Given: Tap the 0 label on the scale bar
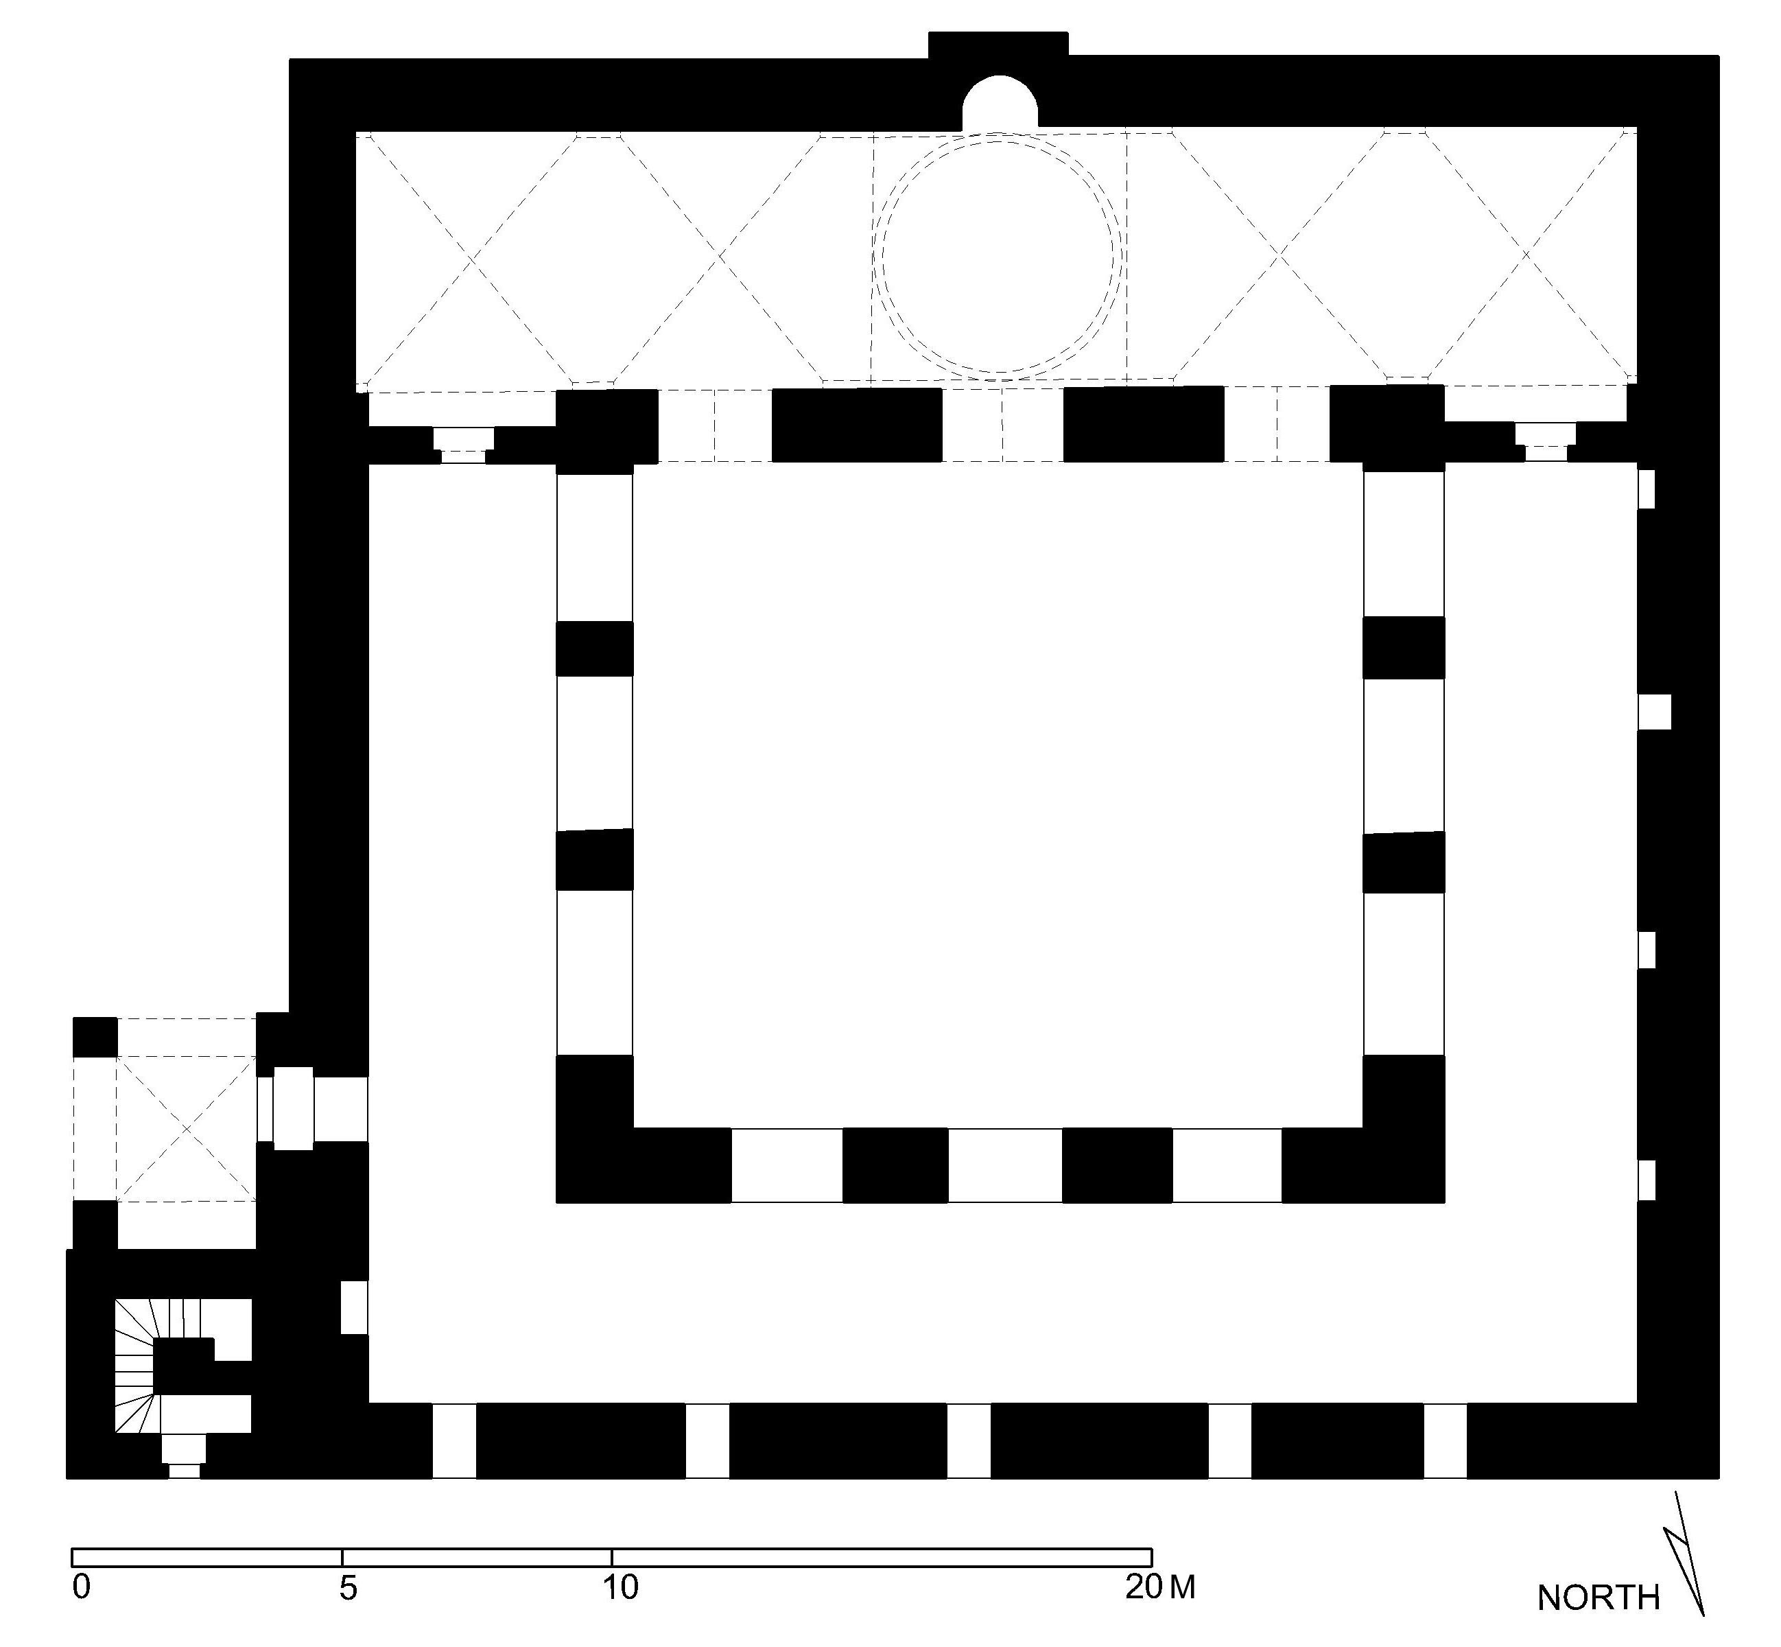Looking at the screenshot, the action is tap(81, 1587).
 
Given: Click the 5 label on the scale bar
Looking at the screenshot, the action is tap(347, 1587).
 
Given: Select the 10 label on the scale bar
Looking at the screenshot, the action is tap(621, 1587).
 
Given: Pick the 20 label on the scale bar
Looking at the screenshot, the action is tap(1143, 1587).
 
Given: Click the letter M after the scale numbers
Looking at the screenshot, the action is tap(1182, 1587).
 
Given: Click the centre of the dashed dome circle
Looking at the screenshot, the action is tap(998, 255).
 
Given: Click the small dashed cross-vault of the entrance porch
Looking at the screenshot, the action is tap(186, 1129).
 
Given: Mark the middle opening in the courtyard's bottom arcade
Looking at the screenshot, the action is tap(1005, 1165).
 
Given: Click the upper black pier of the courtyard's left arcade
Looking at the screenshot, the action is tap(595, 649).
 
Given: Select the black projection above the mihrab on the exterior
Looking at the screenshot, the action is tap(999, 45).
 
